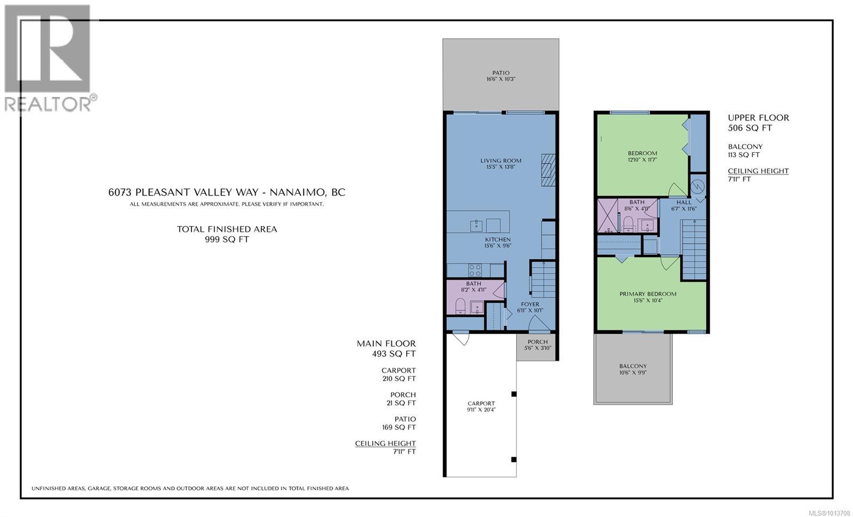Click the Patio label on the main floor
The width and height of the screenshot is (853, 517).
(501, 73)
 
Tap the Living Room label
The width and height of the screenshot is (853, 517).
(501, 160)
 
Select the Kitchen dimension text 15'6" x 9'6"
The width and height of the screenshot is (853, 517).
(497, 246)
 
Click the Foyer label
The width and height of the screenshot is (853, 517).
(530, 304)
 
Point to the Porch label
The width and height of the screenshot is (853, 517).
(537, 342)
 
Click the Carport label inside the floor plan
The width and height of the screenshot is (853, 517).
(481, 403)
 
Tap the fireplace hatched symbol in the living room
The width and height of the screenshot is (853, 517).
(548, 169)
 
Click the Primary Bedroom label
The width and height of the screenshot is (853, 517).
(648, 294)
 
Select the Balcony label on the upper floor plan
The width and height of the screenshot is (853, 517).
(633, 366)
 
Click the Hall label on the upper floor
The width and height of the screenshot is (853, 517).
(683, 203)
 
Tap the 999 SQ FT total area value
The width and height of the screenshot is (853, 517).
(227, 240)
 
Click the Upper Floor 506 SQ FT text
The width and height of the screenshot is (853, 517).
(758, 123)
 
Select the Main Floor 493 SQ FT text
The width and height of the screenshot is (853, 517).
(386, 349)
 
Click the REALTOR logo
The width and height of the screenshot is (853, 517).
(50, 59)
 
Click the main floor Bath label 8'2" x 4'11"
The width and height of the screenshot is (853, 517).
(473, 287)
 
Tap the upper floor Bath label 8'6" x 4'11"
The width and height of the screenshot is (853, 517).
(637, 205)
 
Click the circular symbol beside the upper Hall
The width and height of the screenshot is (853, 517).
(697, 187)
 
